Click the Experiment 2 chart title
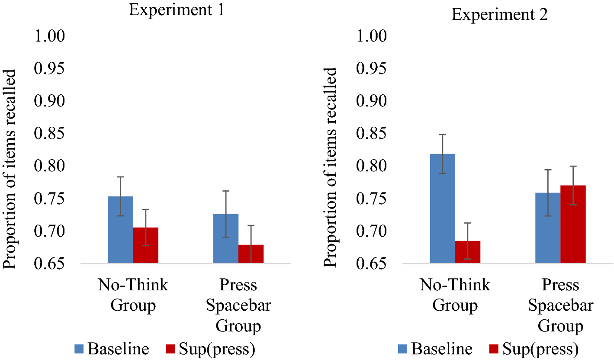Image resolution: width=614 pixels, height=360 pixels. click(500, 15)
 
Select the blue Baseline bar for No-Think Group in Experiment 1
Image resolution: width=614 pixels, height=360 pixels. click(120, 230)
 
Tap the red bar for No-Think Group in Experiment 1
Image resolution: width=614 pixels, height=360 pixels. click(145, 245)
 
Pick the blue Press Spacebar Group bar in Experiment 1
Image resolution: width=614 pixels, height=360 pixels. click(226, 238)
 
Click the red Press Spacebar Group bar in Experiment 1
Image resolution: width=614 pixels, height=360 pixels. click(251, 254)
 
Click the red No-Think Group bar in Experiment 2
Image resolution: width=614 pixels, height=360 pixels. click(467, 252)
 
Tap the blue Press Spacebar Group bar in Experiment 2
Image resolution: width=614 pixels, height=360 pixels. click(548, 228)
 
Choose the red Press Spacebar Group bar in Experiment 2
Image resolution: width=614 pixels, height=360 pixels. click(573, 224)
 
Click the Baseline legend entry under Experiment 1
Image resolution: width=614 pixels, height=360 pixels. click(112, 348)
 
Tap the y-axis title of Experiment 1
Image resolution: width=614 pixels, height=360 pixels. click(10, 169)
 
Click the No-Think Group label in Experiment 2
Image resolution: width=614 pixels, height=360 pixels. click(455, 295)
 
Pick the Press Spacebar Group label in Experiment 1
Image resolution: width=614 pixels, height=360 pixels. click(238, 305)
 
